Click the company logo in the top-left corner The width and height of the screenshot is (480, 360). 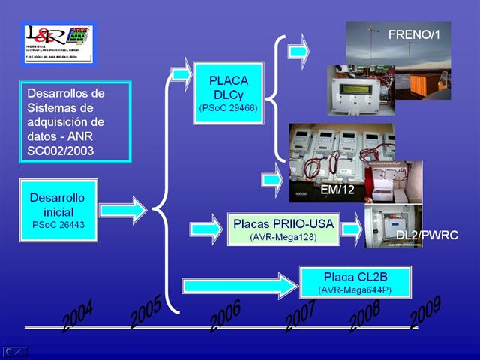coord(58,43)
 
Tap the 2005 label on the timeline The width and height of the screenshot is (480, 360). coord(145,312)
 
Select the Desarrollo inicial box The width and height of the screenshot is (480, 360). coord(58,209)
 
